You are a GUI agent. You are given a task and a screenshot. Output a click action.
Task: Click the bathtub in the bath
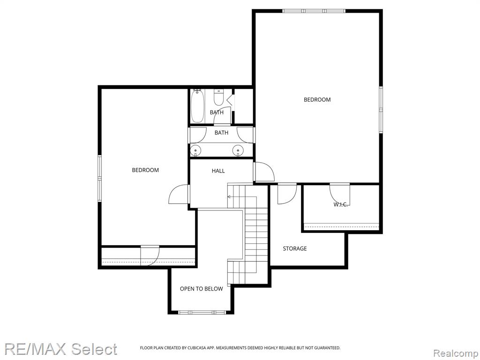coord(197,106)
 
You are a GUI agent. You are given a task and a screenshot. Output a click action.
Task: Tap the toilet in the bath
coord(218,97)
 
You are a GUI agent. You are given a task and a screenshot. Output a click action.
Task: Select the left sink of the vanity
coord(195,150)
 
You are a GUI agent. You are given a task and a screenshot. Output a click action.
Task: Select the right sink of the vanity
coord(238,150)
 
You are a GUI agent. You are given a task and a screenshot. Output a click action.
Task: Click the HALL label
coord(218,171)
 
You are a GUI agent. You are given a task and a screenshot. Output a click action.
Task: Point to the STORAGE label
coord(295,248)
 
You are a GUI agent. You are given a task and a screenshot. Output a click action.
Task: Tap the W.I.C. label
coord(340,204)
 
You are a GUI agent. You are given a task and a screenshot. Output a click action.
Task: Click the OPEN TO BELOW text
coord(202,289)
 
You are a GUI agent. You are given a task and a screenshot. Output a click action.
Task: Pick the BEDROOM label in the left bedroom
coord(145,170)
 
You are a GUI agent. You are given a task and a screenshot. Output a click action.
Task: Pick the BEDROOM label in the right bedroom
coord(317,99)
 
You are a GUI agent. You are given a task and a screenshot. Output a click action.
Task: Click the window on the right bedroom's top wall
coord(314,11)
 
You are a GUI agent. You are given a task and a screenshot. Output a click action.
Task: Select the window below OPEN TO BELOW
coord(202,313)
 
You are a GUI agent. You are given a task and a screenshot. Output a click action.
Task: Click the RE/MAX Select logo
coord(60,349)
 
